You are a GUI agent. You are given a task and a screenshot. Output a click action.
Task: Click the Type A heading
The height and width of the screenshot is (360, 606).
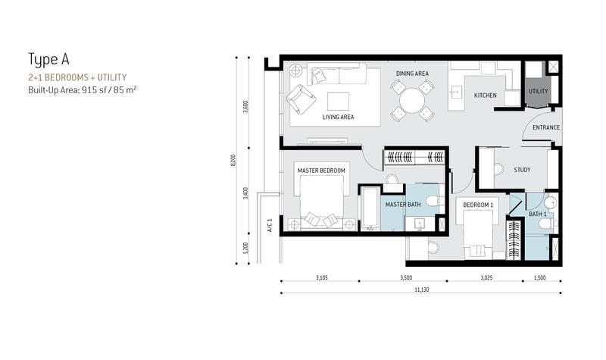point(48,60)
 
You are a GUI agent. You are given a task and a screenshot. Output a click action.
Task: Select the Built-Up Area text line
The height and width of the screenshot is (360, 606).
point(83,90)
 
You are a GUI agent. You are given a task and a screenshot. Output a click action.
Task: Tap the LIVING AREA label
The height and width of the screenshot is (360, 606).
point(338,117)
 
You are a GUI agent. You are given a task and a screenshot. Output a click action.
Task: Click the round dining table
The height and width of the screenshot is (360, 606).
point(412,100)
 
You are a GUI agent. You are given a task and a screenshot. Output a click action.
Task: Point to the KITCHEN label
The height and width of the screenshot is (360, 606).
point(486,95)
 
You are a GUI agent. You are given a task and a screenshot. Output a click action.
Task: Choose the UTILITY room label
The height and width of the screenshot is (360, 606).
point(539,91)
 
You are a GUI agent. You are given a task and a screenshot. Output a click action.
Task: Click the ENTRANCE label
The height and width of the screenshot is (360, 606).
point(546,127)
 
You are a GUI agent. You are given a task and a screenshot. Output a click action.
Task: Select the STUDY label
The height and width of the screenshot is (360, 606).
point(522,170)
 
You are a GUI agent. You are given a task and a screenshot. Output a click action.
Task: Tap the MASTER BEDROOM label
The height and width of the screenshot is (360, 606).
point(321,171)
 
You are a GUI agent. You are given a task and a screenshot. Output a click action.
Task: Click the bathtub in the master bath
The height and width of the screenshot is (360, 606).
point(370,208)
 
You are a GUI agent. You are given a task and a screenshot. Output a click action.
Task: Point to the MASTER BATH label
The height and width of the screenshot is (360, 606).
point(403,204)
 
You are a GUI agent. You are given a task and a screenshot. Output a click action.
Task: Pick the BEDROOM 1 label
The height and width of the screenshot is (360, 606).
point(478,205)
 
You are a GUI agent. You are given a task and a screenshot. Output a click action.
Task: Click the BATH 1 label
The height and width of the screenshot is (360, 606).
point(538,214)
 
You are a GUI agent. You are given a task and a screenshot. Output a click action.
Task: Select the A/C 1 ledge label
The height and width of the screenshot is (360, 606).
point(270,225)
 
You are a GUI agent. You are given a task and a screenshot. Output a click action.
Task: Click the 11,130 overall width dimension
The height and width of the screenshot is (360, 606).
point(422,290)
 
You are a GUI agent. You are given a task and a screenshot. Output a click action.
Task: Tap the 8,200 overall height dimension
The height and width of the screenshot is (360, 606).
point(233,160)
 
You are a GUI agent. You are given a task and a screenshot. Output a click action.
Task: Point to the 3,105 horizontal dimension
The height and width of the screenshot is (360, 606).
point(321,277)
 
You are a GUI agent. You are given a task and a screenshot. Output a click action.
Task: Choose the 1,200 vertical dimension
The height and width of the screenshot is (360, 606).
point(245,249)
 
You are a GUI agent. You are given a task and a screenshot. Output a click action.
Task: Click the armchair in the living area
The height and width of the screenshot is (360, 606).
point(300,99)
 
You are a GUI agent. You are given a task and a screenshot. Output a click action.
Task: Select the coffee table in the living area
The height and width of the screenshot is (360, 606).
point(338,102)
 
